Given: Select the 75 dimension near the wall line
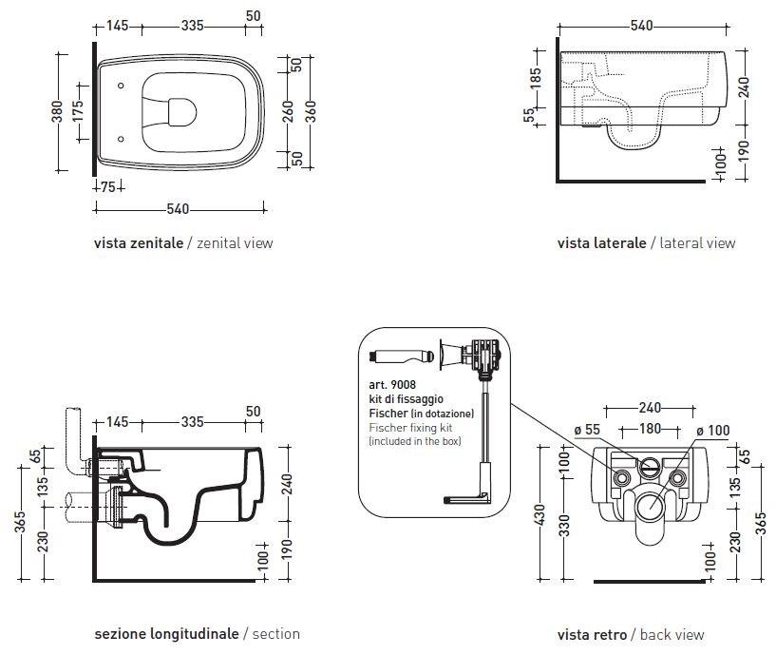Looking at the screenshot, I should (108, 187).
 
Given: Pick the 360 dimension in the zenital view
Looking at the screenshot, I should (311, 110).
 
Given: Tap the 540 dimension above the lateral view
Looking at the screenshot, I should (642, 26).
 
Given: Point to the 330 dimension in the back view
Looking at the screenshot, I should (564, 527).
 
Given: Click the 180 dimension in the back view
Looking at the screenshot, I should (649, 429).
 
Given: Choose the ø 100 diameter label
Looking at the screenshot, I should (713, 431).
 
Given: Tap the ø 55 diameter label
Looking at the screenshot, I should (586, 431).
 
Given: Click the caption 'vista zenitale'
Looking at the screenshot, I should (138, 242).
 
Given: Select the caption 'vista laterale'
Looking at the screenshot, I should (601, 242).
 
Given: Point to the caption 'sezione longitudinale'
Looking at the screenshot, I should (167, 633).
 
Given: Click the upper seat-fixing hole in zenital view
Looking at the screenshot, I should (123, 87).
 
